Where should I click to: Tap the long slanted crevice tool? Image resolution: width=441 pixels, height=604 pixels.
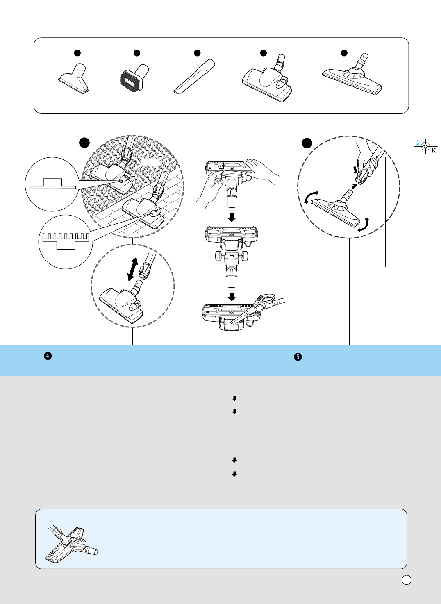[194, 77]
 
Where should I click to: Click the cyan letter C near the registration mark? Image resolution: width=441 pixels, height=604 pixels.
[417, 143]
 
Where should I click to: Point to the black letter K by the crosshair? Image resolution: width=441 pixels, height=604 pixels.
[434, 151]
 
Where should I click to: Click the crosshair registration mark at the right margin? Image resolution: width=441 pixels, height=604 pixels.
[425, 146]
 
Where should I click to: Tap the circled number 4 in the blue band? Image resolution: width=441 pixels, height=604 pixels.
[48, 356]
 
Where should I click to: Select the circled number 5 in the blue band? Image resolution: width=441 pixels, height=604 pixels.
[298, 357]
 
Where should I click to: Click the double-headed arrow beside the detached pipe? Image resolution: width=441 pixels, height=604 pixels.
[132, 269]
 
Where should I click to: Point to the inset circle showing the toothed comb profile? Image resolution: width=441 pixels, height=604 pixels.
[66, 242]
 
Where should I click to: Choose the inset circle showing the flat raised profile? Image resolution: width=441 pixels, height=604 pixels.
[52, 184]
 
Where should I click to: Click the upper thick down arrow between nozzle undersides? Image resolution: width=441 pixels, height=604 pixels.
[232, 217]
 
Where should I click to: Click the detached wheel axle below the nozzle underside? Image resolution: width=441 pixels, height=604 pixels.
[232, 257]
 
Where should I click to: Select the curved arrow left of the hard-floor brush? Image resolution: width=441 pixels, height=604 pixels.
[311, 197]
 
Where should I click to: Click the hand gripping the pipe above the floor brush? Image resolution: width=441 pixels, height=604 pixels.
[367, 160]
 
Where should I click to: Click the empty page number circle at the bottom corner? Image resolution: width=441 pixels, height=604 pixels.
[406, 580]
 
